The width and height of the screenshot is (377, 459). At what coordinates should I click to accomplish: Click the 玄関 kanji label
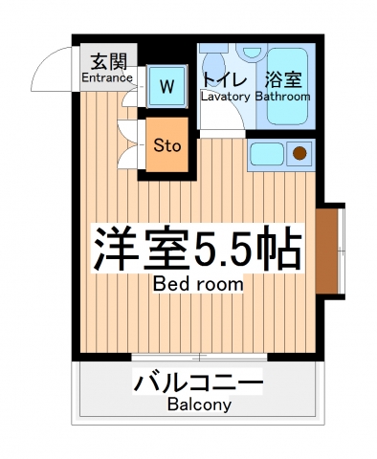click(x=105, y=62)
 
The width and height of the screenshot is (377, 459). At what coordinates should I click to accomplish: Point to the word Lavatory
click(x=226, y=97)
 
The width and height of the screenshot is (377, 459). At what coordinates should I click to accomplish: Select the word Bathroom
click(x=282, y=97)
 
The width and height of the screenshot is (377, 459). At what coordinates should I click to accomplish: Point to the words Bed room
click(x=197, y=284)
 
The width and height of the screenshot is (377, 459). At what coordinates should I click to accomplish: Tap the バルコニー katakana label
click(x=198, y=385)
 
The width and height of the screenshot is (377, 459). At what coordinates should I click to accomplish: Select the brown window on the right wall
click(x=327, y=250)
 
